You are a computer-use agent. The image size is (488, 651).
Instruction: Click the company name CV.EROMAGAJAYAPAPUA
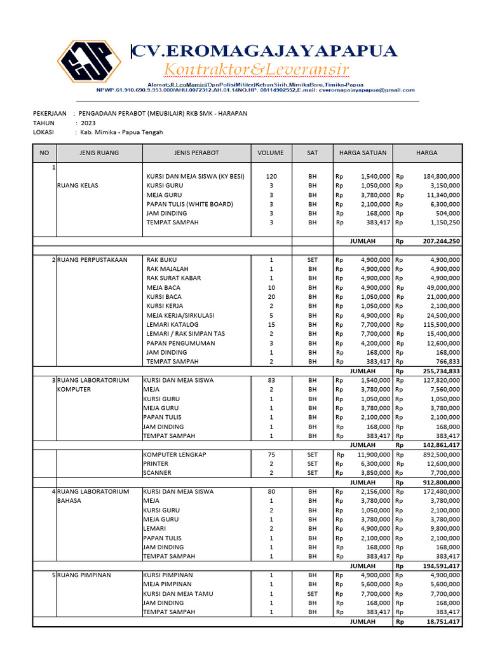point(264,51)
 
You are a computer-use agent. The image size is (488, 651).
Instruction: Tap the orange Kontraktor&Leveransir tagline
point(257,69)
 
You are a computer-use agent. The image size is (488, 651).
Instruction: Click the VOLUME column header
point(271,153)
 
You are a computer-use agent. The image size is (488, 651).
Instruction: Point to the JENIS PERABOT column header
point(196,153)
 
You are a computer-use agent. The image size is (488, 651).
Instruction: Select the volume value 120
point(271,176)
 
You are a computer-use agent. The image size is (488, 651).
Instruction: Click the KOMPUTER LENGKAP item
point(175,455)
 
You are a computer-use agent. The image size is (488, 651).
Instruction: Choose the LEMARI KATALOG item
point(172,324)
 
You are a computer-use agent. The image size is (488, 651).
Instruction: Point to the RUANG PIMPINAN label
point(84,575)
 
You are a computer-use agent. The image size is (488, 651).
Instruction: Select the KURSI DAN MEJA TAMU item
point(178,593)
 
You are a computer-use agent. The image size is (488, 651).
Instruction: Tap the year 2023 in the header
point(88,123)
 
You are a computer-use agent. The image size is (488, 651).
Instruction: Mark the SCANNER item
point(157,473)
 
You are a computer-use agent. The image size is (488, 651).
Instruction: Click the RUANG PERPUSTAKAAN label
point(92,259)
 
